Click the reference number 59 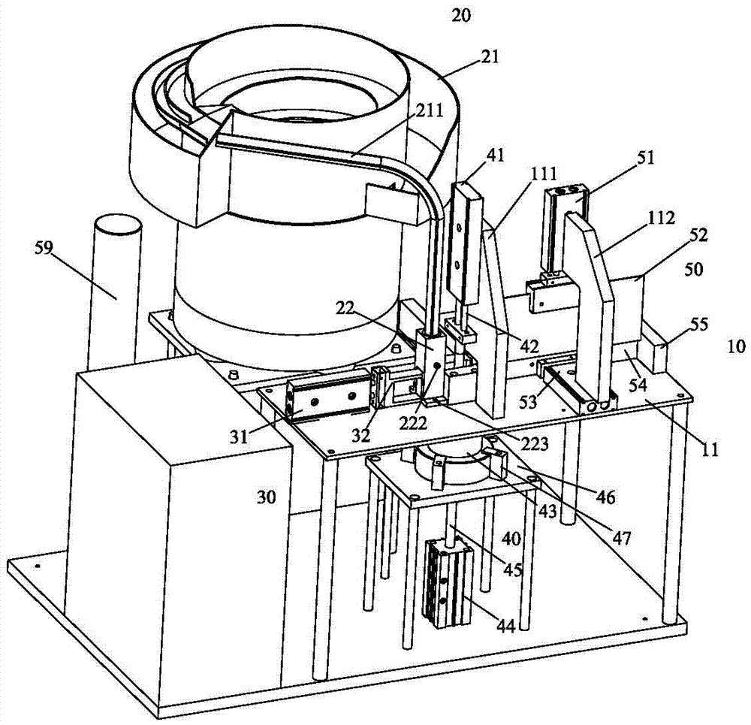44,249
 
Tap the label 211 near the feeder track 429,110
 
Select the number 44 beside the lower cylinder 505,625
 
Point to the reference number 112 660,218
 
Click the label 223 535,444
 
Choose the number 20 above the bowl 461,15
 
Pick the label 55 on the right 698,325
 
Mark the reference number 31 239,437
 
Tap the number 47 621,539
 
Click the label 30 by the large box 267,497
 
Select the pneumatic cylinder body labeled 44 448,584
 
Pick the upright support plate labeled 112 589,307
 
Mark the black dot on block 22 437,366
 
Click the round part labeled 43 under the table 454,462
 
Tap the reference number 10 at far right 736,346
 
